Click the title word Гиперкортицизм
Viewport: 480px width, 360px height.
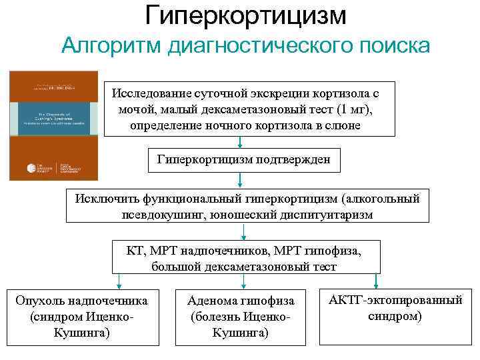246,15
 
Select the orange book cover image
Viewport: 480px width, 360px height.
53,126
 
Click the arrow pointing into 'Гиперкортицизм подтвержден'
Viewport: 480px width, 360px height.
239,143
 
